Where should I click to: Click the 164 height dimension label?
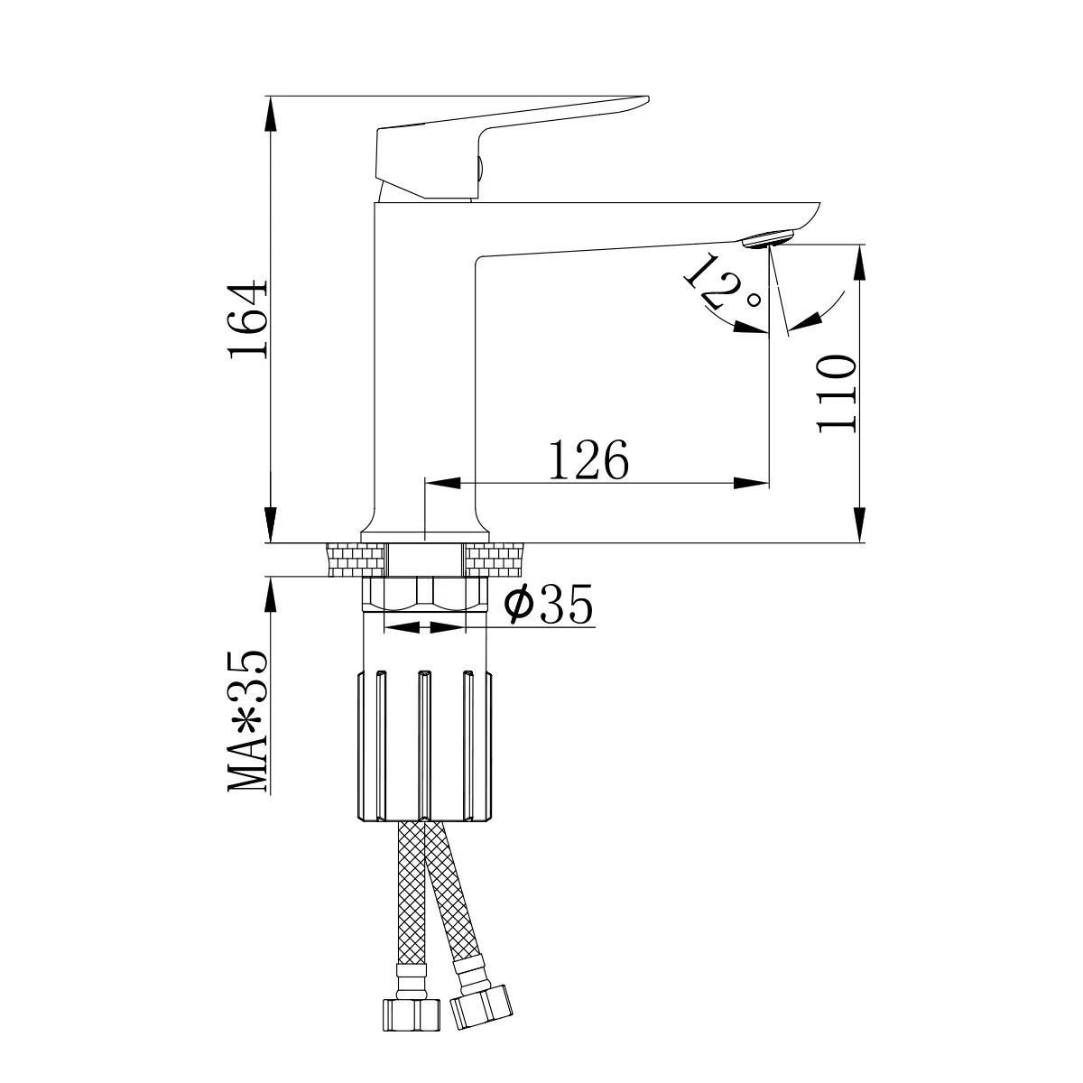pos(247,318)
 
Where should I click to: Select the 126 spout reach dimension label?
pos(588,459)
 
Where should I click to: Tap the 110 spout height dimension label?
pos(837,393)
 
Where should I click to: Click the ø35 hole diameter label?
pos(548,604)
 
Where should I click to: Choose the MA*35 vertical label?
pos(247,722)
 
